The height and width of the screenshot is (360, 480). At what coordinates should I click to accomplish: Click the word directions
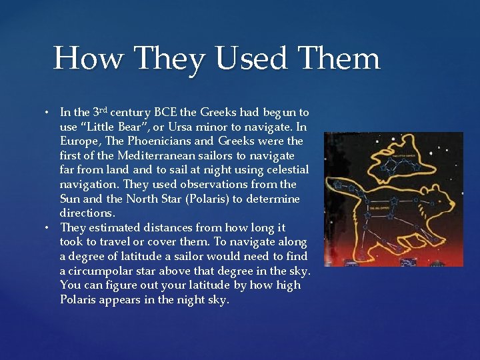(87, 213)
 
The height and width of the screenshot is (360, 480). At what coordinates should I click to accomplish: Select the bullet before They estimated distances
(49, 228)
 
